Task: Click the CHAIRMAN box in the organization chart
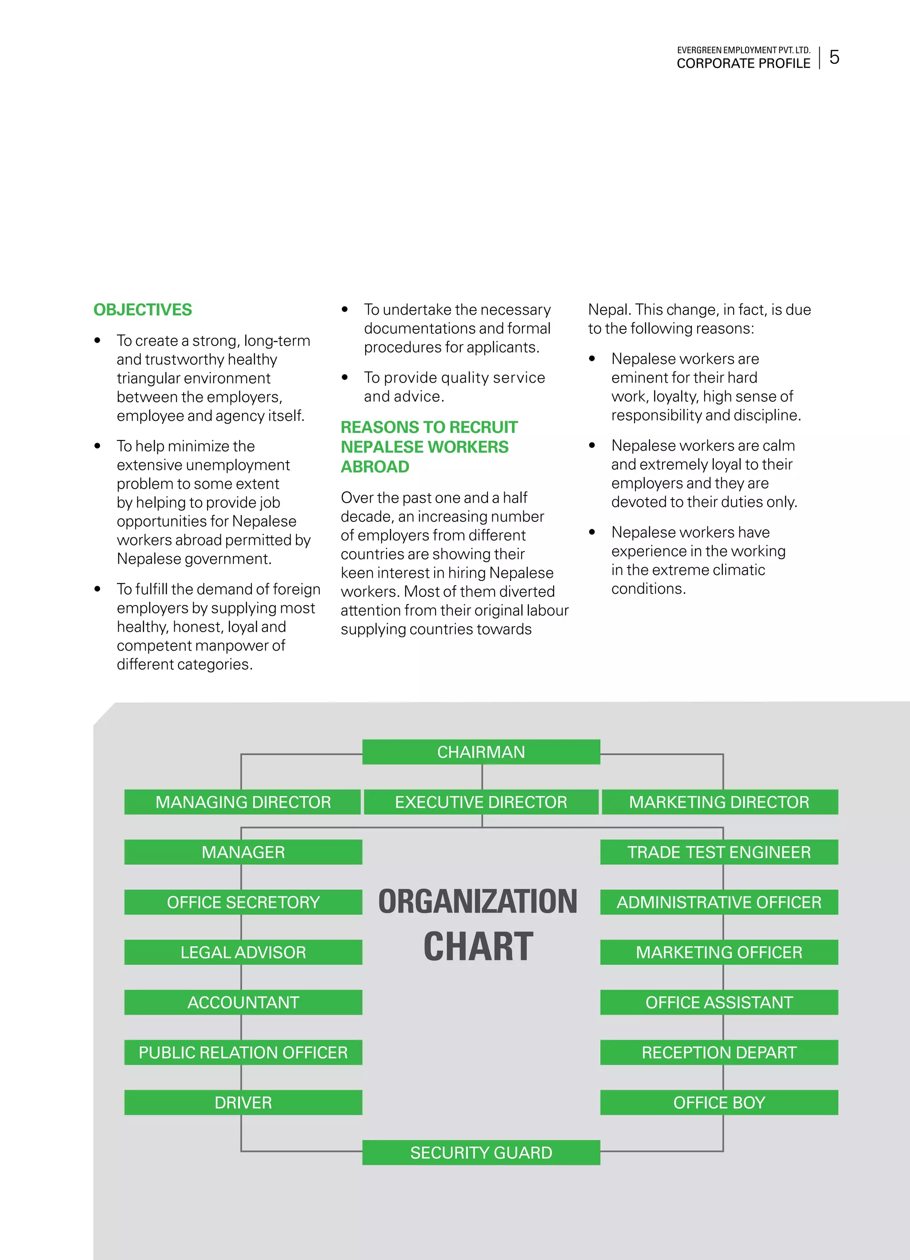[481, 752]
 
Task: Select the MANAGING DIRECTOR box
[243, 802]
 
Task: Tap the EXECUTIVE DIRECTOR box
[481, 802]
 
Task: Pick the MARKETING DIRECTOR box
[719, 802]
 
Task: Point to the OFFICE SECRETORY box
[243, 902]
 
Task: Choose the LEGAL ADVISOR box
[243, 952]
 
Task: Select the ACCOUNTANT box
[243, 1002]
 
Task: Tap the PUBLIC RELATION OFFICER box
[243, 1052]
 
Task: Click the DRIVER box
[243, 1102]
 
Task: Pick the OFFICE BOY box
[719, 1102]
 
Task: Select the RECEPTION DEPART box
[719, 1052]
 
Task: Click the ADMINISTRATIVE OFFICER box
[719, 902]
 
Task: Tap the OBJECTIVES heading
[143, 309]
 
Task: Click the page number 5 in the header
[834, 57]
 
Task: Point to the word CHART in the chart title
[479, 947]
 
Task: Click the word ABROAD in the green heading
[375, 467]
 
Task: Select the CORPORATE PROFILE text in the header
[743, 63]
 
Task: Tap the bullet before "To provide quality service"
[345, 377]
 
